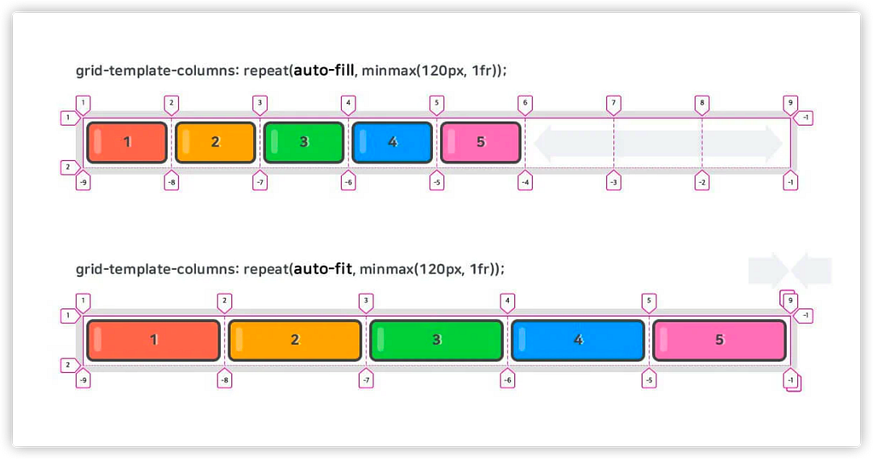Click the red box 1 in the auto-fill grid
pyautogui.click(x=127, y=142)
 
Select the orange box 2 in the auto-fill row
pyautogui.click(x=216, y=142)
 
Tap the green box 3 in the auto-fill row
pyautogui.click(x=304, y=142)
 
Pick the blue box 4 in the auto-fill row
pyautogui.click(x=392, y=142)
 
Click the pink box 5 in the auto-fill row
pyautogui.click(x=481, y=142)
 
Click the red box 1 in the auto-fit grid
pyautogui.click(x=153, y=340)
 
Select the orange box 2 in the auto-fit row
pyautogui.click(x=295, y=340)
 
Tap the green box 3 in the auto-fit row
pyautogui.click(x=436, y=340)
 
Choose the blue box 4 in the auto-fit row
pyautogui.click(x=578, y=340)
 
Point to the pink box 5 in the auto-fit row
pyautogui.click(x=720, y=340)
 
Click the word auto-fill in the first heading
pyautogui.click(x=324, y=71)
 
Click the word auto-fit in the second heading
pyautogui.click(x=323, y=269)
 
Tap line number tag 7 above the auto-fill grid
pyautogui.click(x=614, y=105)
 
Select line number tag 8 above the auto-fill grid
pyautogui.click(x=702, y=105)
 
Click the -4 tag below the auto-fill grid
pyautogui.click(x=525, y=181)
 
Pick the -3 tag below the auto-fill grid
pyautogui.click(x=614, y=181)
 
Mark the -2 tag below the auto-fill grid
pyautogui.click(x=702, y=181)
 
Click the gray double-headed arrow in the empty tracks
pyautogui.click(x=658, y=144)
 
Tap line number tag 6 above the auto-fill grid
pyautogui.click(x=525, y=105)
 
